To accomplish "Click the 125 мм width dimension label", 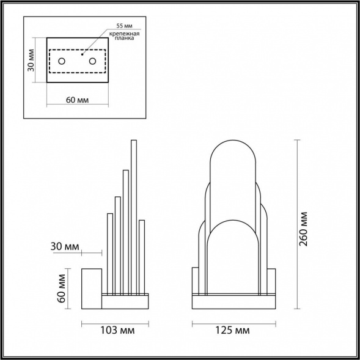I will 233,331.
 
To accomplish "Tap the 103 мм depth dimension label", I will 116,331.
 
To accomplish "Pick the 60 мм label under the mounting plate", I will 78,100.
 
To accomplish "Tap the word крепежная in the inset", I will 124,34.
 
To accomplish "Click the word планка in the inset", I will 124,40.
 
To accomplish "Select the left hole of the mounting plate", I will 62,61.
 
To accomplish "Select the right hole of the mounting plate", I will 93,61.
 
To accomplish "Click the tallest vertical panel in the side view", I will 133,214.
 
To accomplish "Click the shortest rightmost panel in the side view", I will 141,257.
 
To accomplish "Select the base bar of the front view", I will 233,301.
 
